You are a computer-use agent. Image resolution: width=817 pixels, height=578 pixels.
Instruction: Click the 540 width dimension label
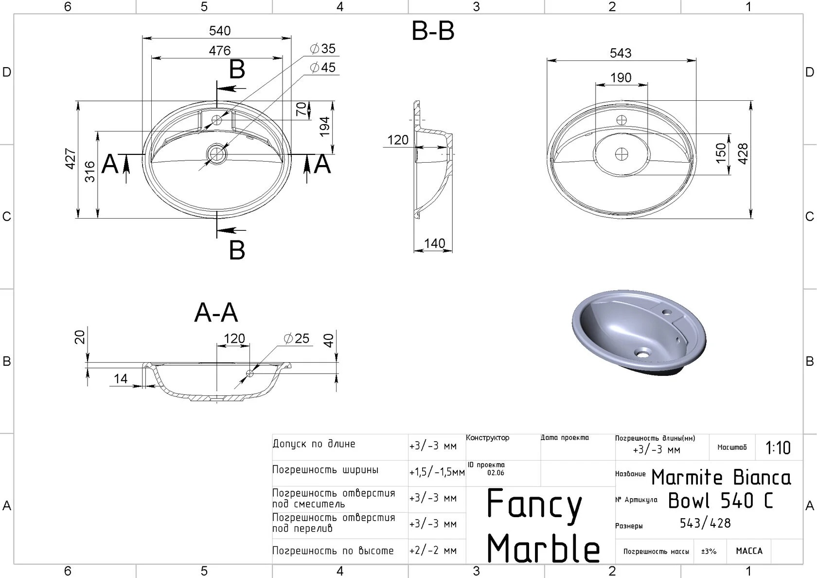220,31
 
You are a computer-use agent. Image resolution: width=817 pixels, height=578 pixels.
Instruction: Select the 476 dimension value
220,50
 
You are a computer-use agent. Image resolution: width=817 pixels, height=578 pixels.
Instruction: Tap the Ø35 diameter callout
322,49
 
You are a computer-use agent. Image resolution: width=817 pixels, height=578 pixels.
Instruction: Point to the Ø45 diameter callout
322,68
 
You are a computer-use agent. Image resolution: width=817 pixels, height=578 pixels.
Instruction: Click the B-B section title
433,31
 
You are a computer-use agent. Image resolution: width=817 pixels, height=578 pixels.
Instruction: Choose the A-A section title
216,313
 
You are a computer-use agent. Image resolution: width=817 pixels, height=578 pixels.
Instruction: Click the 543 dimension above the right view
621,53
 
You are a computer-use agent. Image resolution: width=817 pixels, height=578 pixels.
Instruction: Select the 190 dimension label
621,78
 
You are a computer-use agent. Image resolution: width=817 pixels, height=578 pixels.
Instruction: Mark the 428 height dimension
743,154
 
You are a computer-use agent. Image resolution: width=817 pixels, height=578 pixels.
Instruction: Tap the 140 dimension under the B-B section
434,243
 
